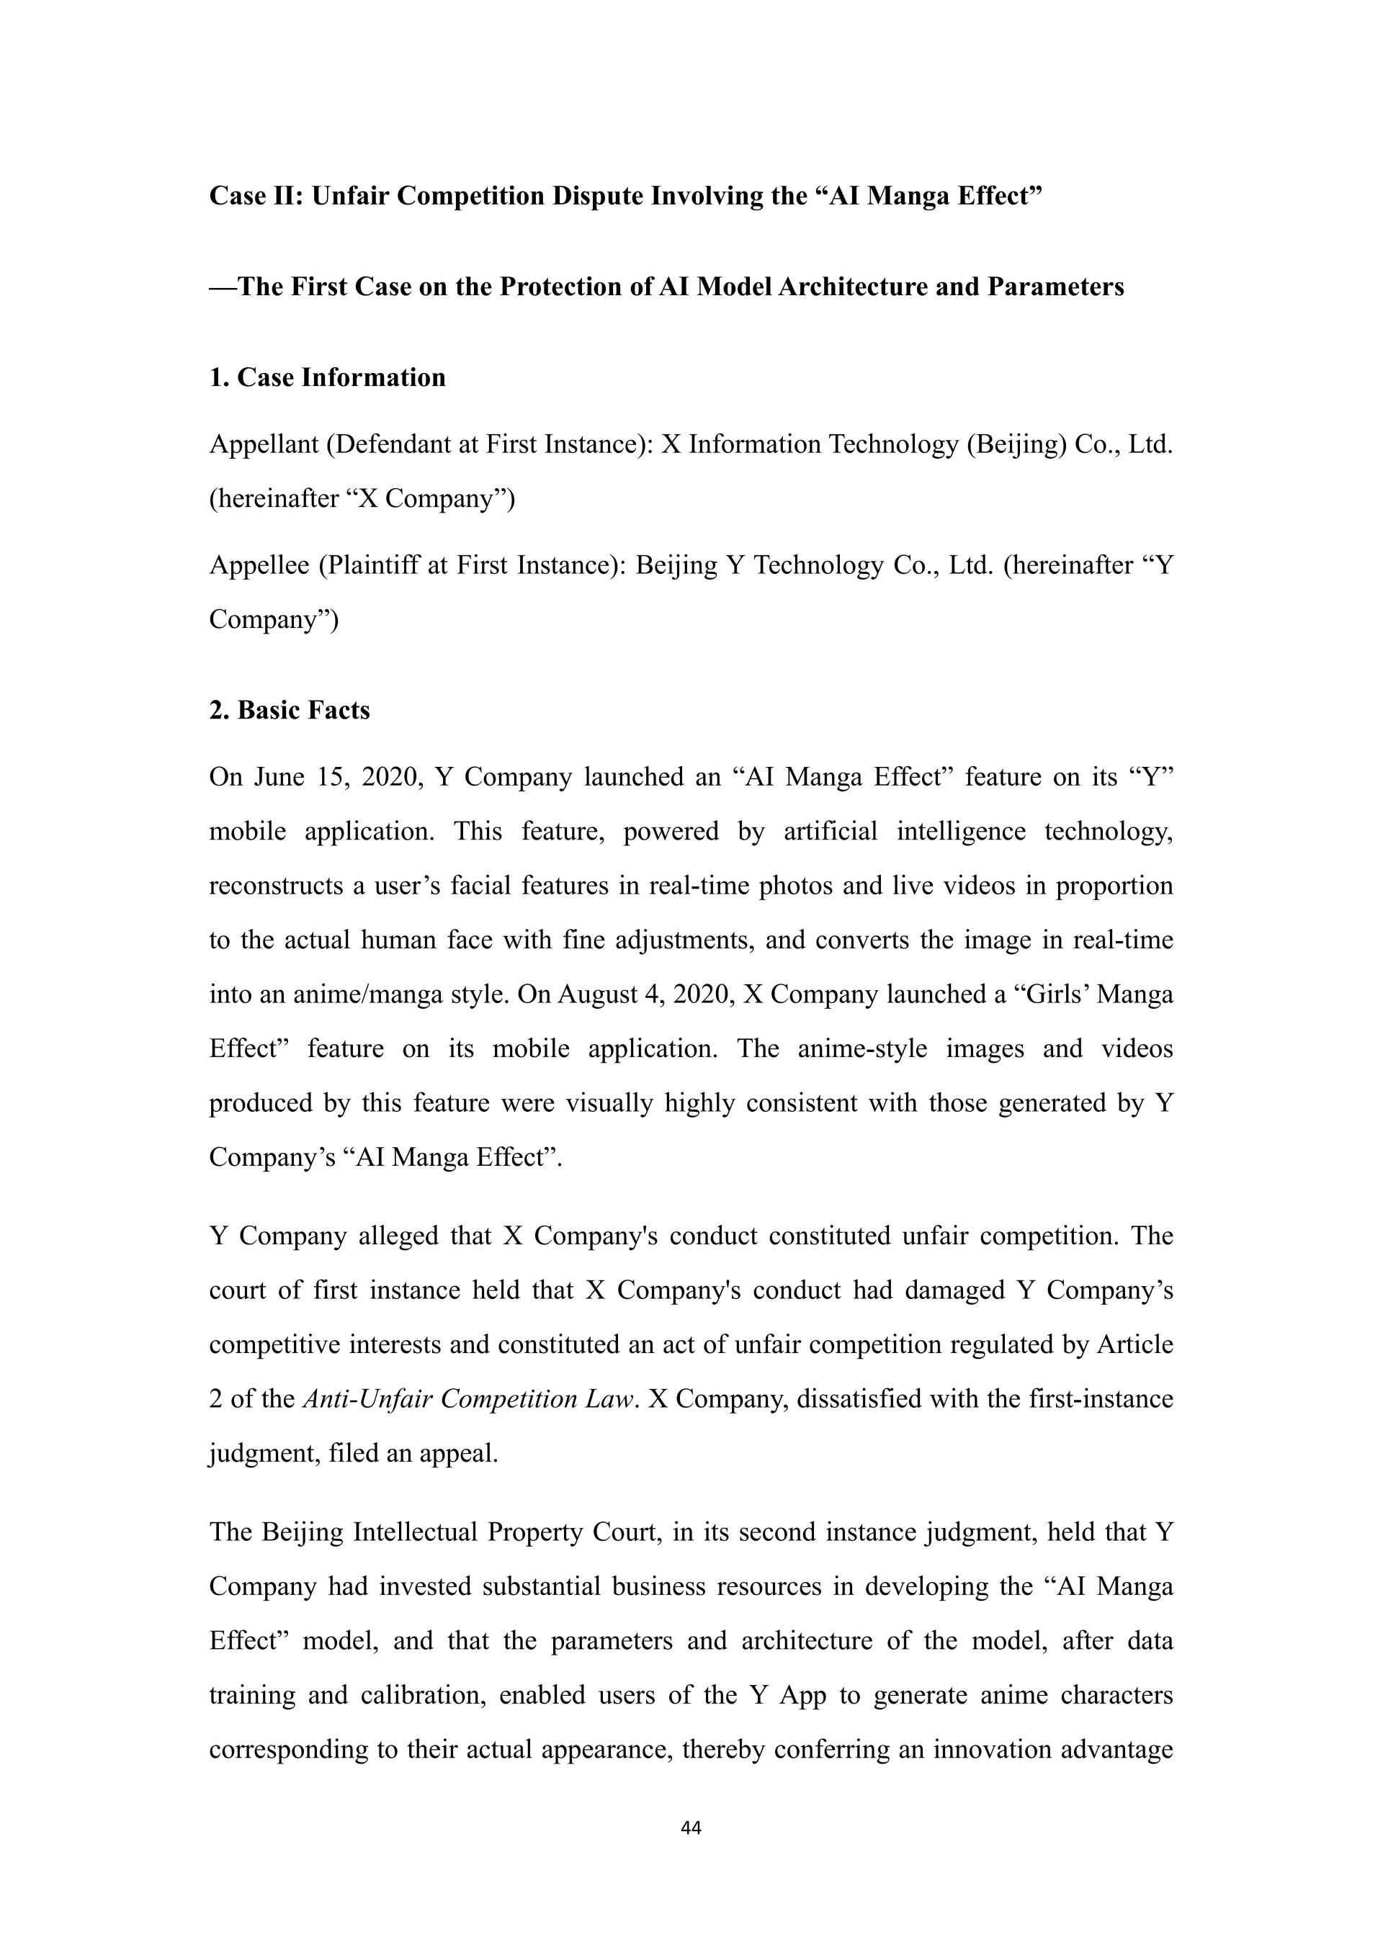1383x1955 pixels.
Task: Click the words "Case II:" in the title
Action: click(256, 196)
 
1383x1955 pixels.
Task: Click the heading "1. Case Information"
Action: click(327, 377)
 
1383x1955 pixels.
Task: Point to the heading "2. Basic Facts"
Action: click(290, 710)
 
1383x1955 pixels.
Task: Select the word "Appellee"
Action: click(260, 565)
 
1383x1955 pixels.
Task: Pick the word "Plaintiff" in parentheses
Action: click(370, 565)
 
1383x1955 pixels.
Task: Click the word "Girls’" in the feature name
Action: click(1052, 994)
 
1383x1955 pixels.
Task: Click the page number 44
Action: click(691, 1828)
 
